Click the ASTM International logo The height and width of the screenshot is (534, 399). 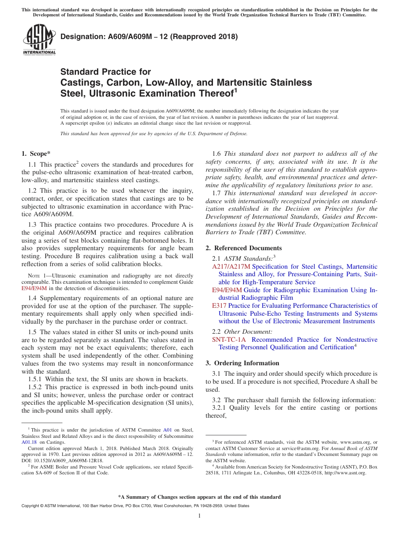click(39, 40)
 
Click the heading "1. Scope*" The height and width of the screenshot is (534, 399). click(36, 154)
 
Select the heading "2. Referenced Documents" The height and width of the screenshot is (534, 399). click(244, 248)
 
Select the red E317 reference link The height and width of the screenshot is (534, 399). click(219, 306)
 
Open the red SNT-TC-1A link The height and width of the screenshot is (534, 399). click(229, 340)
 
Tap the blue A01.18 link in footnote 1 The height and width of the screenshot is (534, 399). click(29, 442)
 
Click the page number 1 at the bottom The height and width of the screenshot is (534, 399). click(199, 516)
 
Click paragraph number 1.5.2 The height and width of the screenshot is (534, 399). click(36, 387)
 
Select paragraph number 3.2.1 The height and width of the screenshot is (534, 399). click(220, 408)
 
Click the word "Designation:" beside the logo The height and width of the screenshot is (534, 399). click(81, 37)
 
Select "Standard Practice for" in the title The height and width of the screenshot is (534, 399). click(105, 72)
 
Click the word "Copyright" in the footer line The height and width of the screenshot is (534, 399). click(31, 506)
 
